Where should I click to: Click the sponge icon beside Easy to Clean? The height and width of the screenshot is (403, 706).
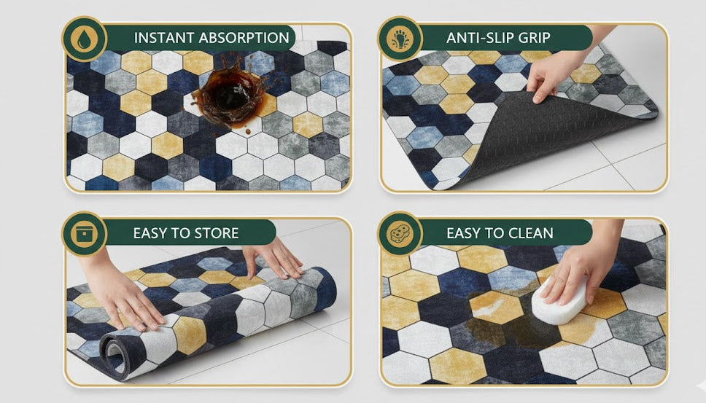click(x=400, y=234)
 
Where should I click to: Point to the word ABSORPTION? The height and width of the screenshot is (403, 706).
click(x=244, y=38)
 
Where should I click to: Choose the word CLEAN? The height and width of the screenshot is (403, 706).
click(x=531, y=233)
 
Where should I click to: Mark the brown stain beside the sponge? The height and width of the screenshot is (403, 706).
click(x=503, y=321)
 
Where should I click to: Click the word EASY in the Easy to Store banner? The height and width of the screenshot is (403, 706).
click(x=150, y=233)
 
